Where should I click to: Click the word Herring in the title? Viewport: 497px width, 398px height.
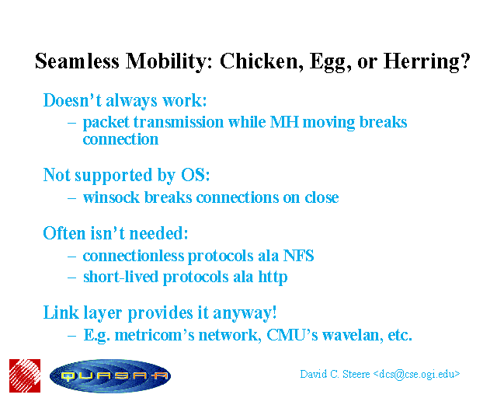[426, 61]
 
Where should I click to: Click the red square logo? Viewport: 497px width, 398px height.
[25, 375]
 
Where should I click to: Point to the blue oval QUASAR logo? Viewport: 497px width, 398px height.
[110, 376]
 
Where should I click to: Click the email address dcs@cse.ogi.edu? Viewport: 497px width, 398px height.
[416, 375]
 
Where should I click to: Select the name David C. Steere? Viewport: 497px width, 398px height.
[335, 374]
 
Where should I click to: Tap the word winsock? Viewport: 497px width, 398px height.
[111, 197]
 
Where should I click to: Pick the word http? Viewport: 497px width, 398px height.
[273, 278]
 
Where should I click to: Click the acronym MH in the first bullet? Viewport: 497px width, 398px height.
[284, 122]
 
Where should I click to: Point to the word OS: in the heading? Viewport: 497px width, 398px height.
[195, 175]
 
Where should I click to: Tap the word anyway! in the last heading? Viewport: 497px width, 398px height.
[245, 313]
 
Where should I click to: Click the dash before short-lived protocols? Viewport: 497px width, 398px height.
[72, 278]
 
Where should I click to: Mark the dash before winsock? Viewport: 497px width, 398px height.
[72, 198]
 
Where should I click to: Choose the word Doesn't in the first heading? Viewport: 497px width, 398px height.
[72, 100]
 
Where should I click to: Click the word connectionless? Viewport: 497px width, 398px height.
[134, 256]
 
